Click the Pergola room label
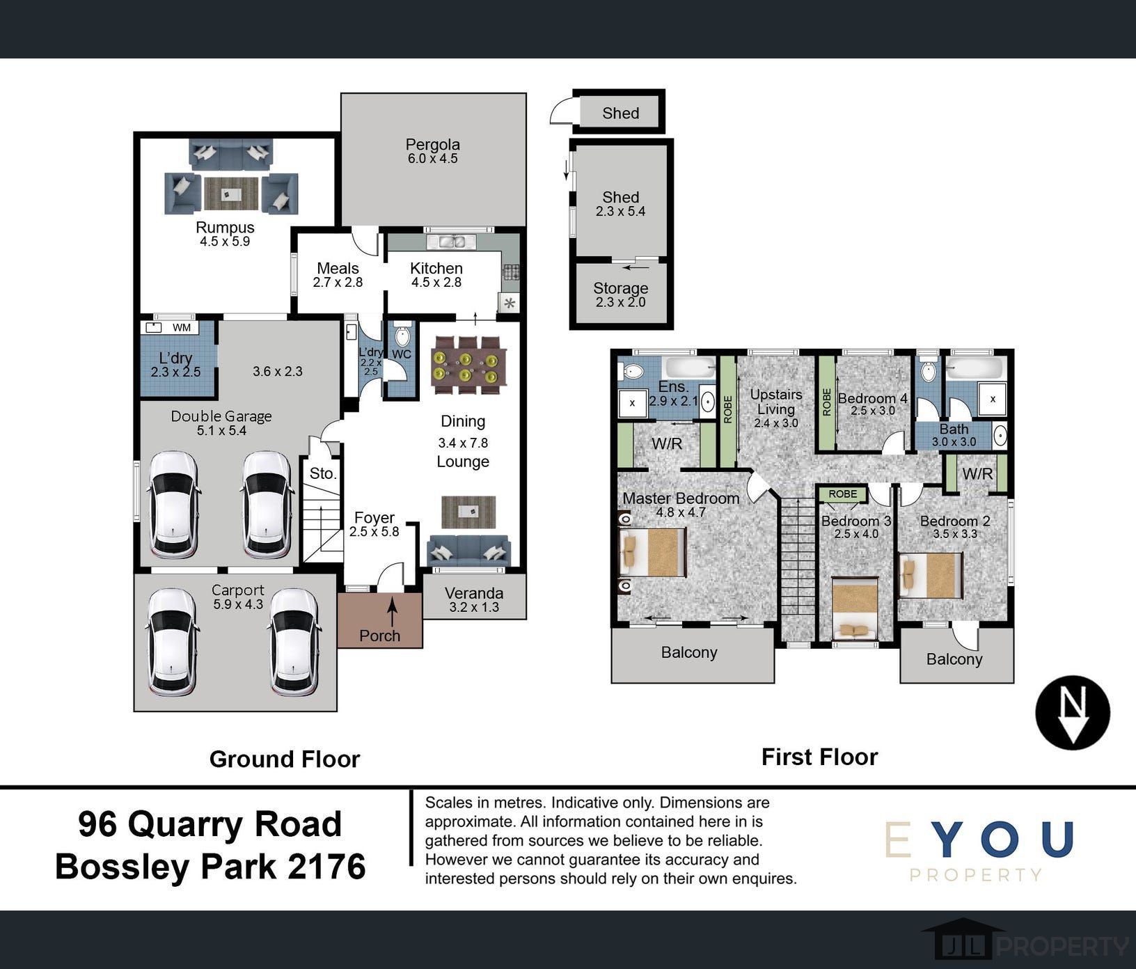click(432, 145)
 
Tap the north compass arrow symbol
click(1073, 713)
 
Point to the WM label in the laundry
click(181, 327)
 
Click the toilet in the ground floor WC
click(402, 337)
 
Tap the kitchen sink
click(450, 242)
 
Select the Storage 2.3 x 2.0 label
click(620, 295)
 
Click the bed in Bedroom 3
click(855, 608)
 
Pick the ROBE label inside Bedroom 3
click(842, 494)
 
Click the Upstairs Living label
click(775, 402)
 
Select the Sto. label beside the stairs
click(323, 473)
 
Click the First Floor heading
click(819, 757)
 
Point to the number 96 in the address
click(97, 824)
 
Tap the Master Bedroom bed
click(652, 552)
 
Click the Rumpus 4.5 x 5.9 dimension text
click(224, 242)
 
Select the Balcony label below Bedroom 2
click(954, 659)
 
